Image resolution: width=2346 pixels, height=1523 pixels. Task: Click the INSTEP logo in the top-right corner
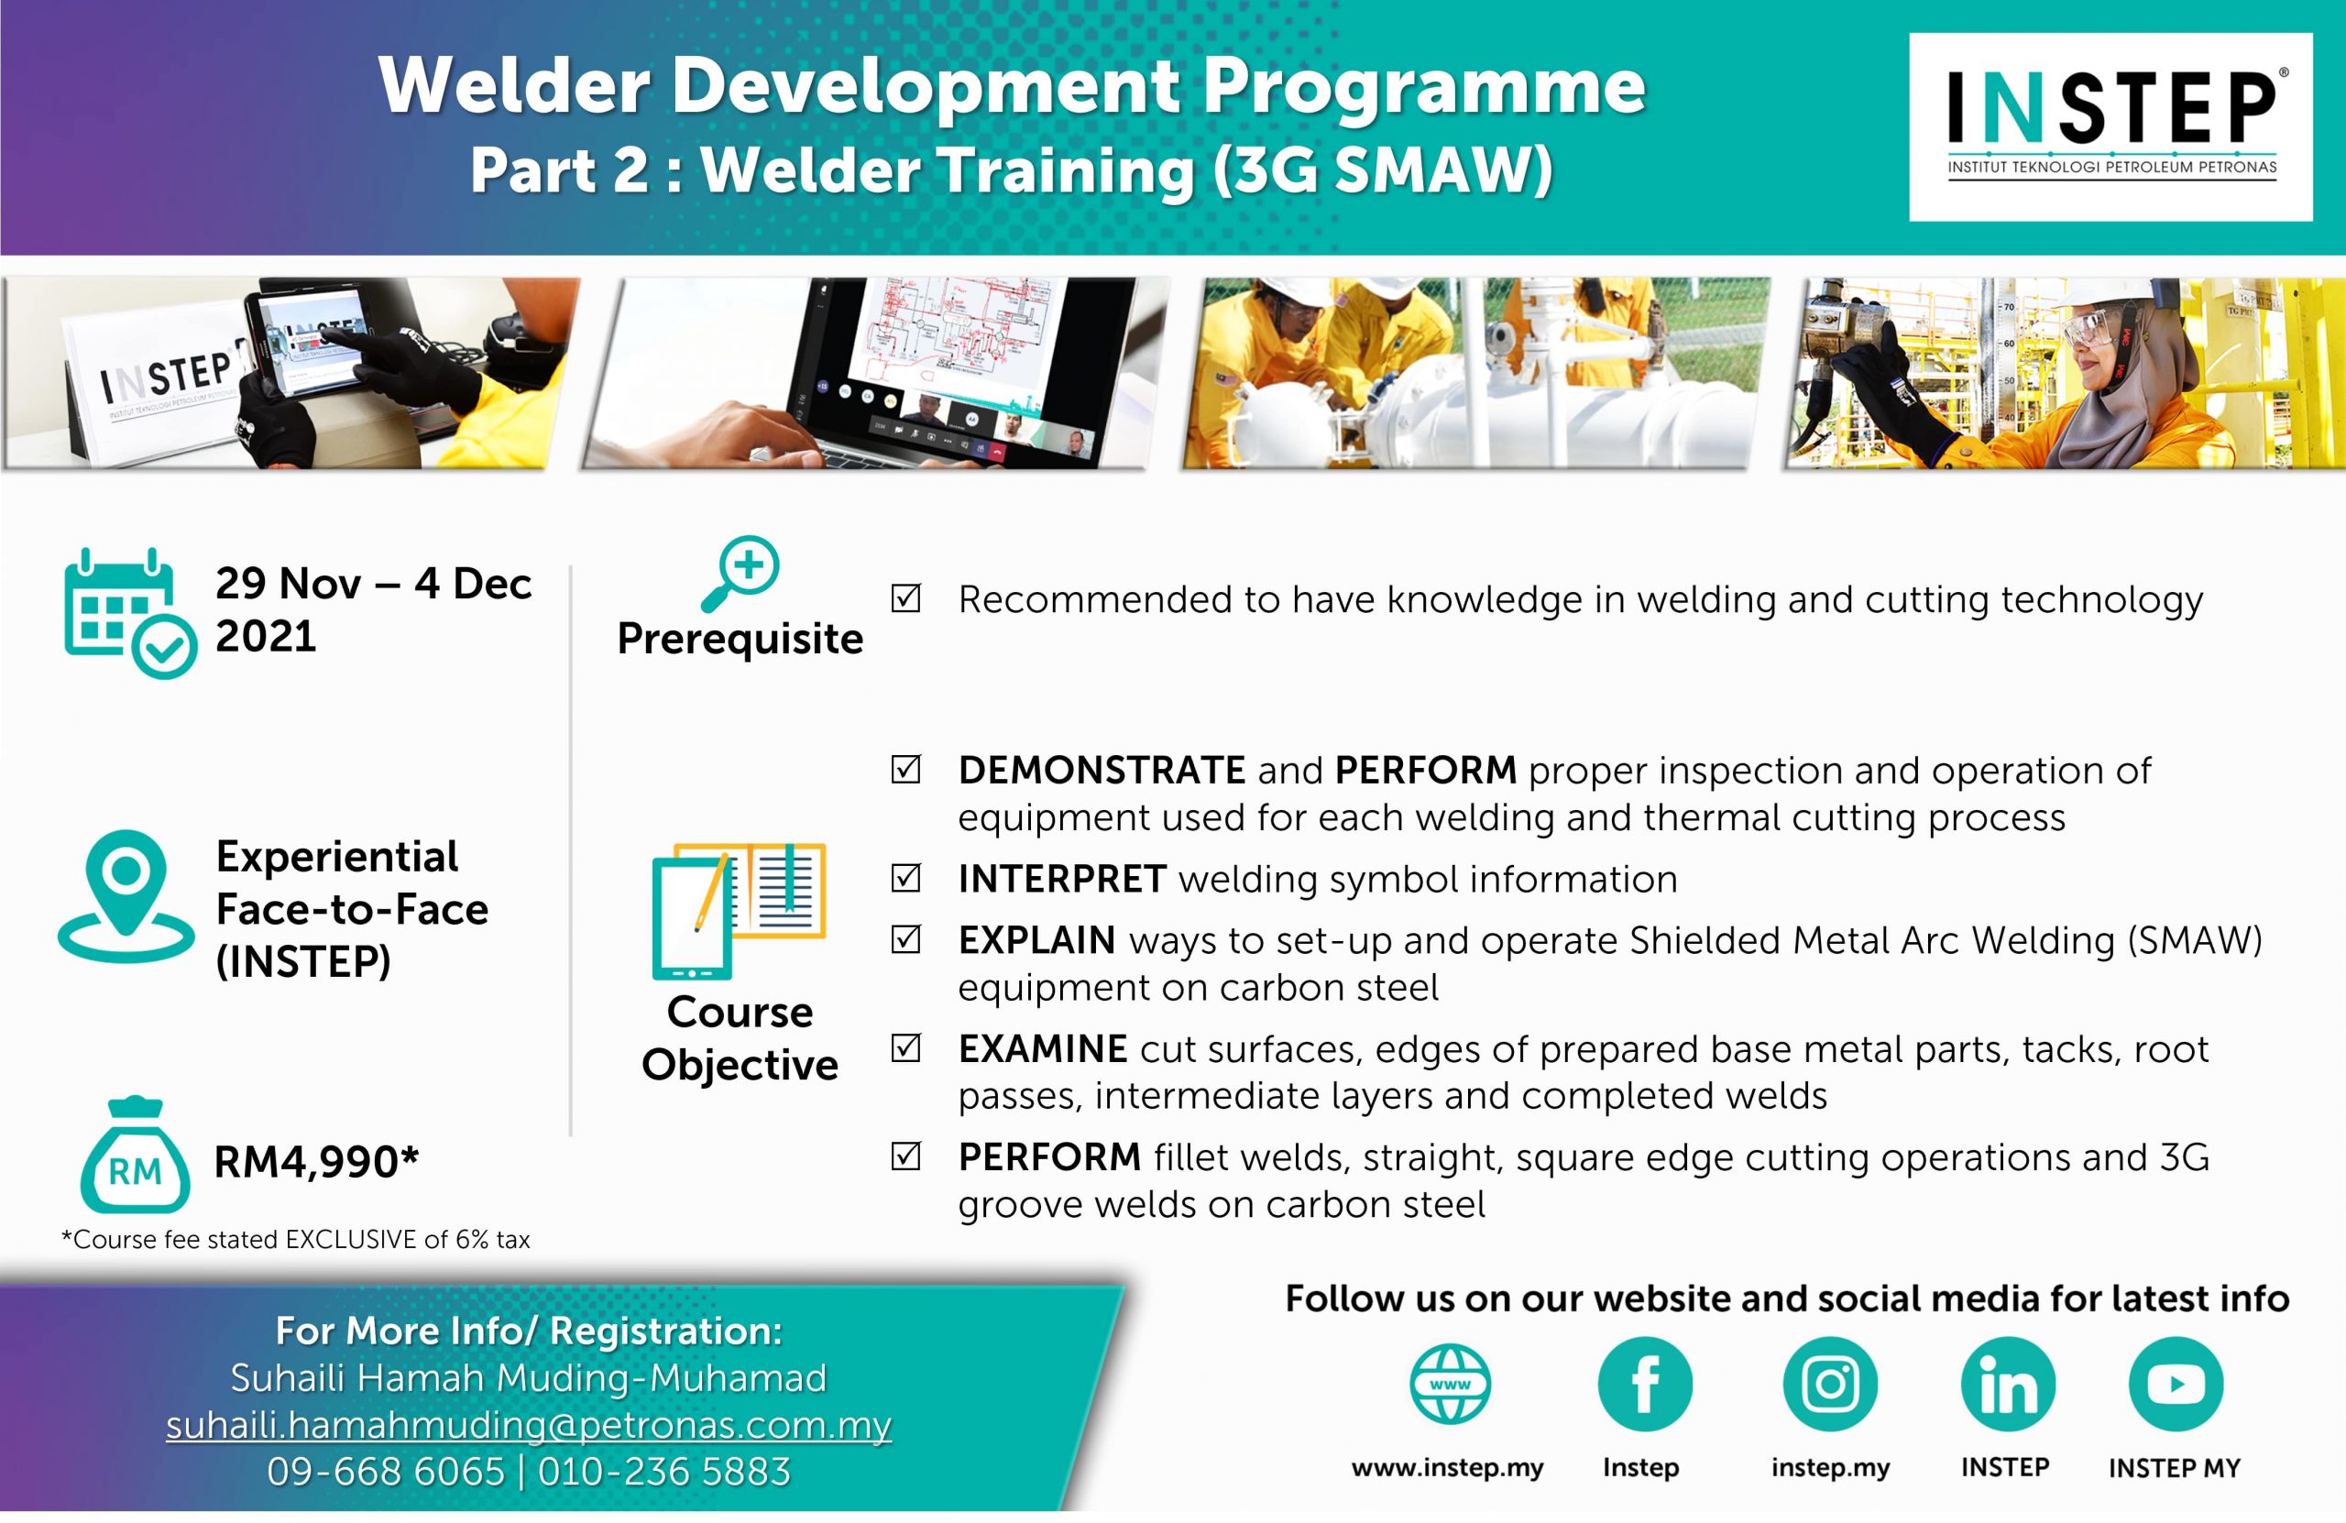2110,126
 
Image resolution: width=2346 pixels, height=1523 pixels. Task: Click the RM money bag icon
135,1156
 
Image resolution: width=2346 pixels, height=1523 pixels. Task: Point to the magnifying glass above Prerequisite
740,574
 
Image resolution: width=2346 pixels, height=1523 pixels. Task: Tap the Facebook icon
1644,1384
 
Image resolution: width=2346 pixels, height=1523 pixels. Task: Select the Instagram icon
1830,1384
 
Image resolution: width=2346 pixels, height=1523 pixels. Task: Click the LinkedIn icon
2008,1384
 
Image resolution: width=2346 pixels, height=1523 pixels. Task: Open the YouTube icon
2176,1384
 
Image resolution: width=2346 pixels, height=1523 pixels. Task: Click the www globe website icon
1450,1384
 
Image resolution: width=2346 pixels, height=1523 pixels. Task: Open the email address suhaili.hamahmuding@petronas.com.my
529,1424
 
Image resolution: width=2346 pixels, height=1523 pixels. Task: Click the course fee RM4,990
316,1161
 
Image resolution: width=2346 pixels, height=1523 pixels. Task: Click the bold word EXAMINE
1043,1049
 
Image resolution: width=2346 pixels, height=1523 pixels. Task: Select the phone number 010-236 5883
664,1472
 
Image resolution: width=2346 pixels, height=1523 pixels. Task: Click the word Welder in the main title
513,86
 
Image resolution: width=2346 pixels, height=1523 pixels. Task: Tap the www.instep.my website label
1447,1468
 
